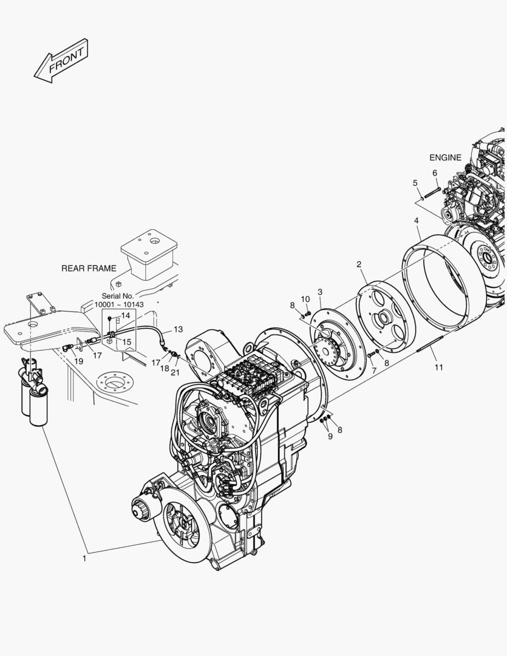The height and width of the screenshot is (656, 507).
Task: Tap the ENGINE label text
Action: (x=445, y=157)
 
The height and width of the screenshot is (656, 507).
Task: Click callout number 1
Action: (x=84, y=558)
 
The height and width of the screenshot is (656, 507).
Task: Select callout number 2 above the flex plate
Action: (x=359, y=264)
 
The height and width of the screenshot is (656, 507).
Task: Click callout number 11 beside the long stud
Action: (x=438, y=367)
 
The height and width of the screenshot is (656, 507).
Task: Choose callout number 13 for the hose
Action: (x=177, y=329)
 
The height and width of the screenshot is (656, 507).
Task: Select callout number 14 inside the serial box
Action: (x=126, y=315)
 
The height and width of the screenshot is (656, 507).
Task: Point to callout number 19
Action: (x=79, y=361)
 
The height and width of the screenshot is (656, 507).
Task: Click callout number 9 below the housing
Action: (x=330, y=436)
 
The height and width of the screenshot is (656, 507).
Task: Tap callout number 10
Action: (x=305, y=299)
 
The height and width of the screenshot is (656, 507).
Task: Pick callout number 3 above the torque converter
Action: (x=320, y=292)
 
